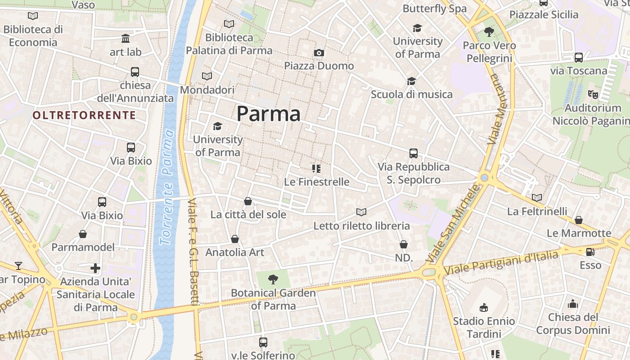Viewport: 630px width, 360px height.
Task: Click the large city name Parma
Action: pos(268,113)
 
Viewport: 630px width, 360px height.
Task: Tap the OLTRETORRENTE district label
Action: pos(84,115)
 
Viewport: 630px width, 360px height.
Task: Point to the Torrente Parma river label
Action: pos(167,187)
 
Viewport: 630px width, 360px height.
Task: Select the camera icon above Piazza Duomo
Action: pos(319,53)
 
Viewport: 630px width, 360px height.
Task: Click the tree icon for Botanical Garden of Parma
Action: pos(273,279)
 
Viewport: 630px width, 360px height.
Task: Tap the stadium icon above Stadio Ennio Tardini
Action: pos(484,308)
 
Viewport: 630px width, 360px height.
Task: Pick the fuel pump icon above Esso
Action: pos(590,252)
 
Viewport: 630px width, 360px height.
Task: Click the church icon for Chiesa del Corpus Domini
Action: pos(572,304)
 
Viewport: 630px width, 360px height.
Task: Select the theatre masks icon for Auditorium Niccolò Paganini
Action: pos(593,94)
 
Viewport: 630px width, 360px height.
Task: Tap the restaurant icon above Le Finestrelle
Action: pos(316,169)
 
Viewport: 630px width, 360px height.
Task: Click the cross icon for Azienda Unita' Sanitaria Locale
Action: pos(95,268)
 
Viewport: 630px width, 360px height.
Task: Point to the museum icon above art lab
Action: pos(126,39)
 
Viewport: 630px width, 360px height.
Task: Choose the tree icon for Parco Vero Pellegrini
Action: pos(489,32)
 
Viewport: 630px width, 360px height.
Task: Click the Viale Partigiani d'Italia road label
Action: pos(501,263)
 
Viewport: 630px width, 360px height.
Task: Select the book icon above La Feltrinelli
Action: pos(537,198)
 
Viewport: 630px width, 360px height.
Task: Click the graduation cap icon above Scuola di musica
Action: pos(411,81)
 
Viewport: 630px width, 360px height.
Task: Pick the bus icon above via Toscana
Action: pos(579,58)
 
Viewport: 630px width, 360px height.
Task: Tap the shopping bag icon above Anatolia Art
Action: pos(234,239)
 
